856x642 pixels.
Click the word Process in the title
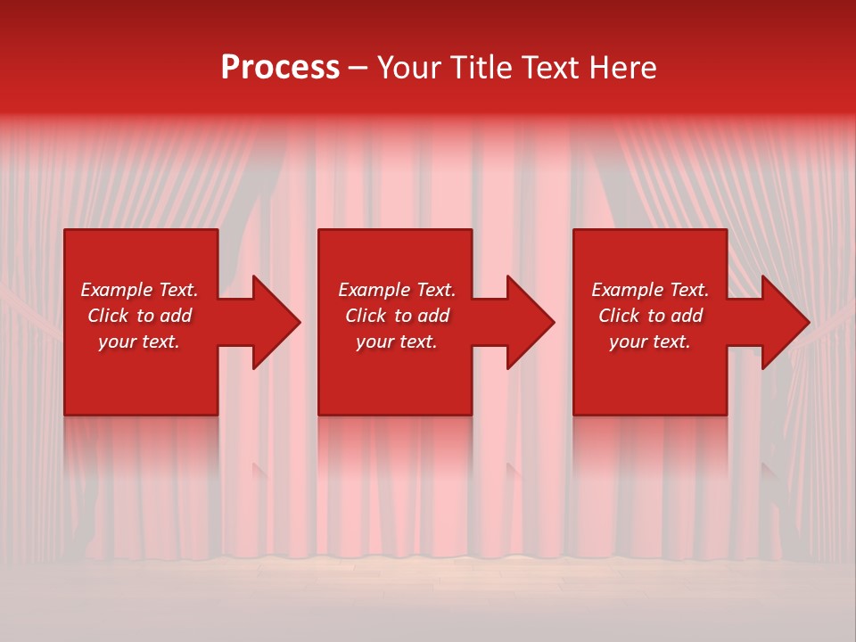280,68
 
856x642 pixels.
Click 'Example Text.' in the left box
139,290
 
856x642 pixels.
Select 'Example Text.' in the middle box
397,290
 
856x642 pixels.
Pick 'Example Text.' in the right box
650,290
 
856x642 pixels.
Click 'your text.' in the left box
139,342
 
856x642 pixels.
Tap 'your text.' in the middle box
397,342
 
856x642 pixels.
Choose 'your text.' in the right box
650,342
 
